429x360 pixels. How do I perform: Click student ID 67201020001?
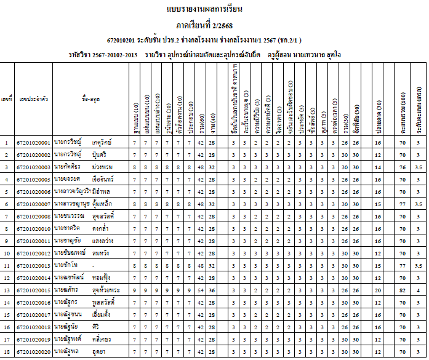(x=34, y=142)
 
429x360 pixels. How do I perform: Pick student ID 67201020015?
(x=34, y=289)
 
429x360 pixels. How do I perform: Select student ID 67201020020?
(x=34, y=351)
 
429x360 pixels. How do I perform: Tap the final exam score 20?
(x=377, y=289)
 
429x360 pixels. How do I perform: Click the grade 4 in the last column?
(x=418, y=289)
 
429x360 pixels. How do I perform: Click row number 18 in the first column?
(x=7, y=351)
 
